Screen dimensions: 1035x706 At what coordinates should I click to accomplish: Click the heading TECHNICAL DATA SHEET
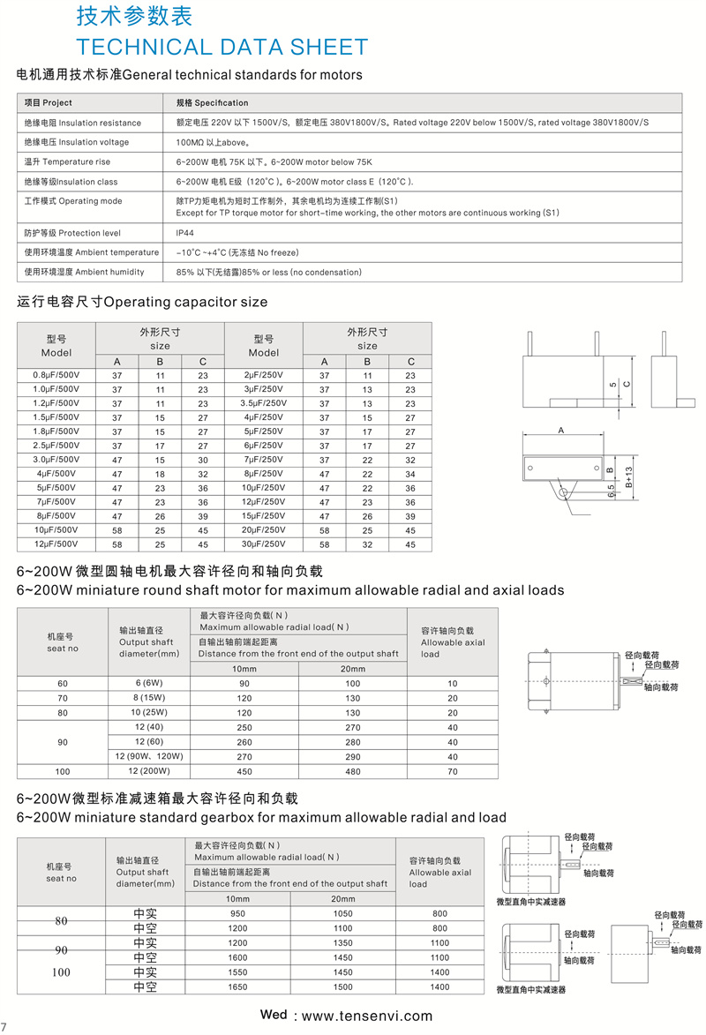222,47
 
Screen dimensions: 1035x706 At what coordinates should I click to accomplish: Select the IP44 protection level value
185,233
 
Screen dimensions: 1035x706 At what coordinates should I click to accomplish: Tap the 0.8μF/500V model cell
56,375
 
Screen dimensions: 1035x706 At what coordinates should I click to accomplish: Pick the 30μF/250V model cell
262,544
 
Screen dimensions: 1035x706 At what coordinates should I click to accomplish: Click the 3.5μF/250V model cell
262,403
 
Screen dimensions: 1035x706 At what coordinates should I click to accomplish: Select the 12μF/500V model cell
56,544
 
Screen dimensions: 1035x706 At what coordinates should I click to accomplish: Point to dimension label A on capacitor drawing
561,431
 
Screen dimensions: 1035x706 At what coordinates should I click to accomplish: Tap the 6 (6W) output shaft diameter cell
149,684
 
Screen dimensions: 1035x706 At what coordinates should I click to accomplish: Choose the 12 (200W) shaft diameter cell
149,770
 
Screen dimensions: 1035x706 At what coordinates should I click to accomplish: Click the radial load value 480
353,770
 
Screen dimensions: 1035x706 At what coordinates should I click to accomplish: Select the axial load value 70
453,770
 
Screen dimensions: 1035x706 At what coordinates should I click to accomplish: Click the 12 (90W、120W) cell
149,756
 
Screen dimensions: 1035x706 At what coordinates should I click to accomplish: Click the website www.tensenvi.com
367,1016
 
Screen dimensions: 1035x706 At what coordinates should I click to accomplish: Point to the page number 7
4,1026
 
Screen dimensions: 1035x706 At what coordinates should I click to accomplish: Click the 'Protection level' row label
72,233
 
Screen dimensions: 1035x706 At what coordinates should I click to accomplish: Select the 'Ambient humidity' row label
84,272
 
